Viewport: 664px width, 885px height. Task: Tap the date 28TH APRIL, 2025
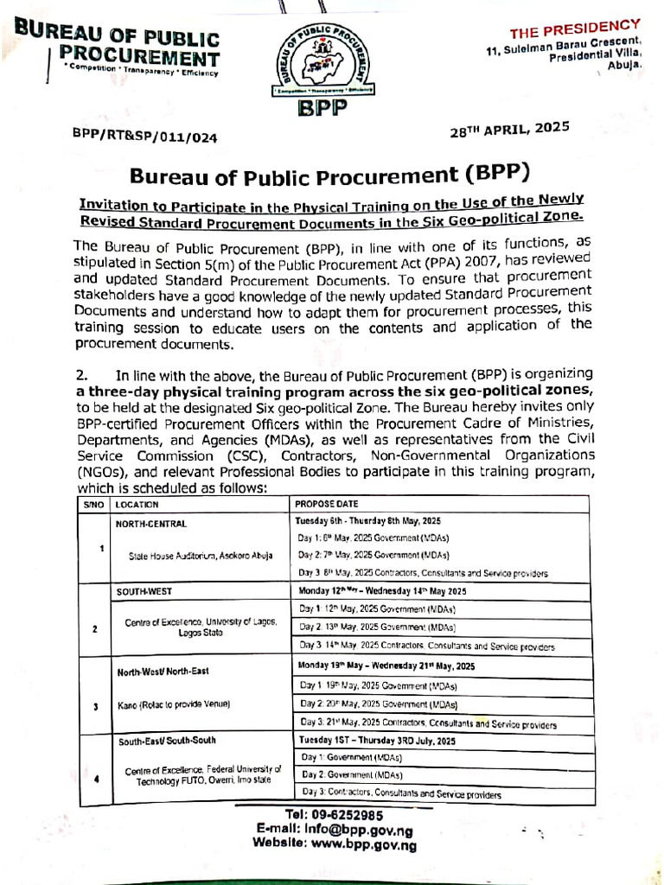(x=509, y=129)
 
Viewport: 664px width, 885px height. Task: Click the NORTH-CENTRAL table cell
(x=151, y=523)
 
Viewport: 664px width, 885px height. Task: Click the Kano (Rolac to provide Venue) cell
(x=173, y=705)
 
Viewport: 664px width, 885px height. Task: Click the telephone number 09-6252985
(x=333, y=815)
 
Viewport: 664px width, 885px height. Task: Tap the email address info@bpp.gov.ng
(x=332, y=830)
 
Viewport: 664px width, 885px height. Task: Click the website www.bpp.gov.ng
(x=335, y=844)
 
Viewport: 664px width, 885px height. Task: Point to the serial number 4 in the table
(x=96, y=778)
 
